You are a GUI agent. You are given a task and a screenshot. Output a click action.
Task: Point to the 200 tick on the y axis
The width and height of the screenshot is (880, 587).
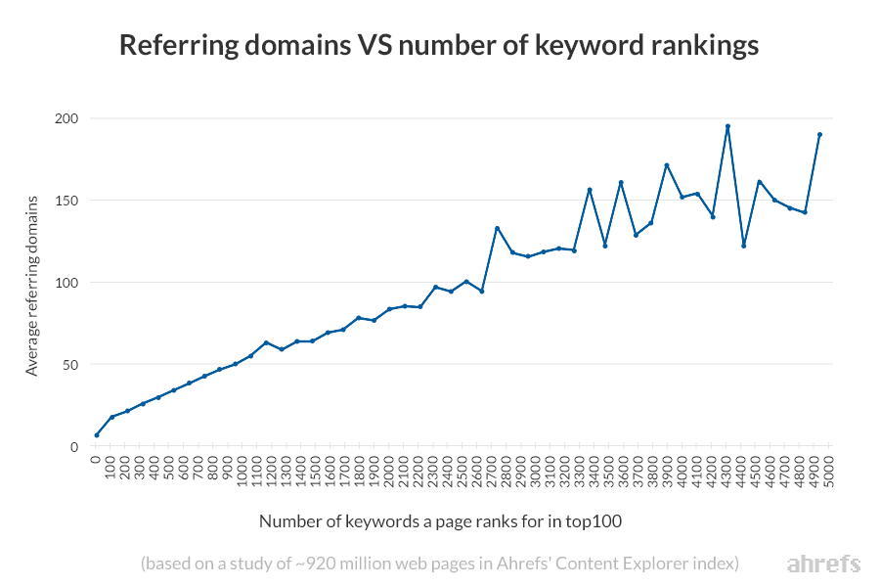pos(65,118)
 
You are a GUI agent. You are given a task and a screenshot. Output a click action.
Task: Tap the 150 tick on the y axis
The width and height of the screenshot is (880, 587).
pos(65,201)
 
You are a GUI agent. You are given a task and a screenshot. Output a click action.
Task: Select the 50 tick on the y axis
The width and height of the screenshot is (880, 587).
pos(68,365)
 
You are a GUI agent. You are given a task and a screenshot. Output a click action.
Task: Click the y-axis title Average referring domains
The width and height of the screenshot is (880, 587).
pos(32,285)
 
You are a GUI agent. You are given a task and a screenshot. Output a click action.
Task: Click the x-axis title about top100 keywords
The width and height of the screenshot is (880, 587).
pos(440,521)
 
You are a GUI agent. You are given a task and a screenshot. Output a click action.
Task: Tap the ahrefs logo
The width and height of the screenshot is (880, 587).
pos(823,564)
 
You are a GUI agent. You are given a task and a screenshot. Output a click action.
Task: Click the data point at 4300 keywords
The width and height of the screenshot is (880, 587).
pos(727,126)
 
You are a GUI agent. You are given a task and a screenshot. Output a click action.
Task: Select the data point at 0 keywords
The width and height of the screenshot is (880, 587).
pos(97,435)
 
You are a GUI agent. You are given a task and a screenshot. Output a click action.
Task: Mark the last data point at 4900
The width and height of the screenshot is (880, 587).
pos(819,135)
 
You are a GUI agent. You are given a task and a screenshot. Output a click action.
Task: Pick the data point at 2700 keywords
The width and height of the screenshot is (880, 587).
pos(497,228)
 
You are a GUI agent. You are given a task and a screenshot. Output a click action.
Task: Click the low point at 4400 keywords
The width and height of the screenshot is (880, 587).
pos(743,246)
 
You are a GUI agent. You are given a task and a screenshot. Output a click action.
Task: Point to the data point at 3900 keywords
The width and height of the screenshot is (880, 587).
pos(666,165)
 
